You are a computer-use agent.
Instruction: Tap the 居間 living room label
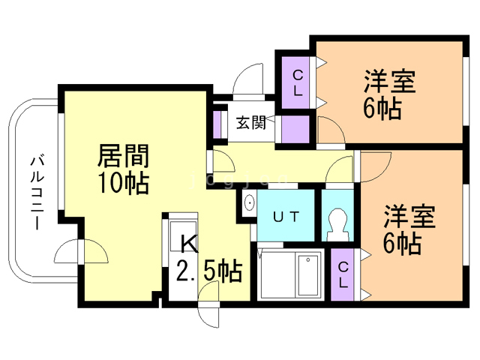(124, 157)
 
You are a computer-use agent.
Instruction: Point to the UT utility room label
(286, 217)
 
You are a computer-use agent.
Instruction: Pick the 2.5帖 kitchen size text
(208, 271)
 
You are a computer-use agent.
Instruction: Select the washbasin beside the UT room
(249, 202)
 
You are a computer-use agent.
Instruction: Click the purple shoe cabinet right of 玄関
(295, 128)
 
